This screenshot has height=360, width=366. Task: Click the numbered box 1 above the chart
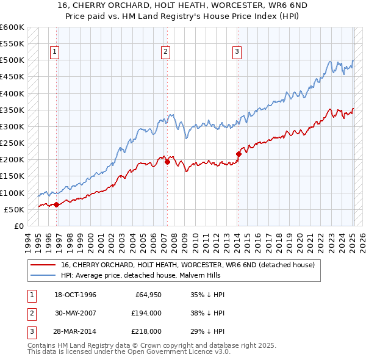tap(55, 52)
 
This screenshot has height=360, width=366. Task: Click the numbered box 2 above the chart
tap(165, 52)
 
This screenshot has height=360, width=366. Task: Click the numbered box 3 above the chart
tap(236, 52)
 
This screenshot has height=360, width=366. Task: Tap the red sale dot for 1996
tap(56, 204)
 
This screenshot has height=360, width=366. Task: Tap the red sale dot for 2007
tap(167, 162)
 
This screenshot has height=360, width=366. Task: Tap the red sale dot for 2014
tap(239, 154)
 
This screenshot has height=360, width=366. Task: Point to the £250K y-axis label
tap(13, 143)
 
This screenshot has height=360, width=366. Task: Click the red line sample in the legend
tap(44, 265)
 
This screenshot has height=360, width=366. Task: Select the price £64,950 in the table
tap(148, 295)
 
